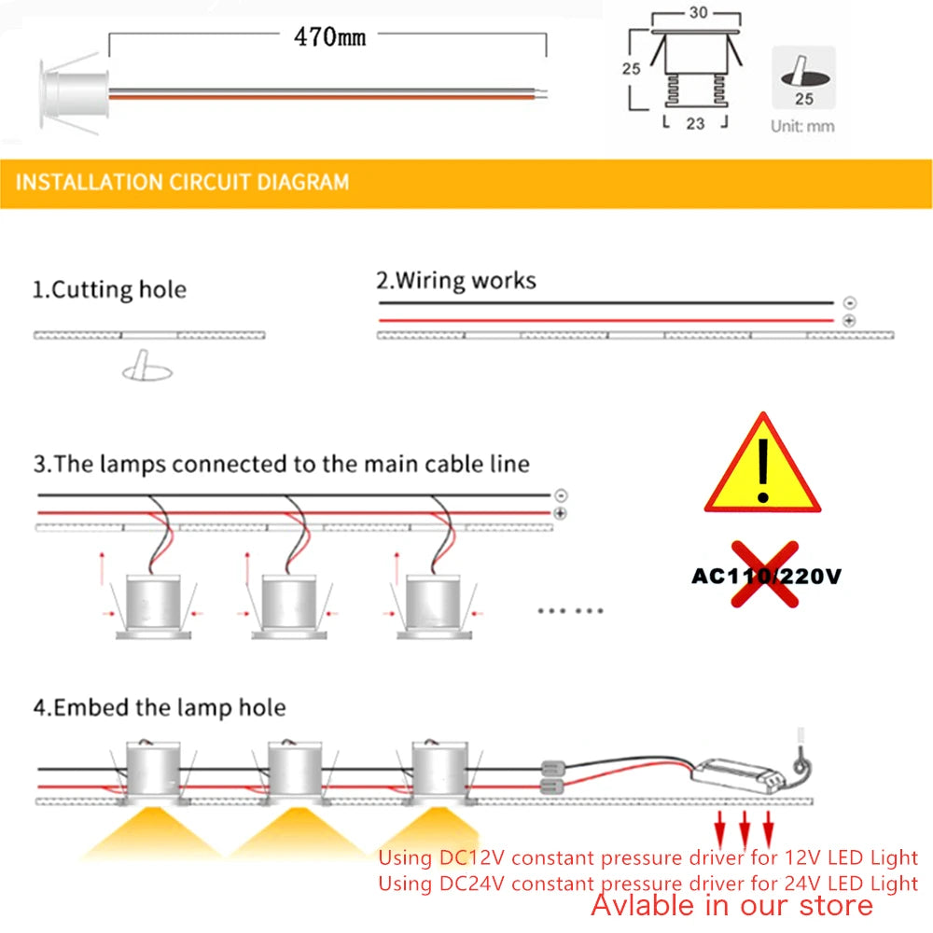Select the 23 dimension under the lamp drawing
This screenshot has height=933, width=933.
pyautogui.click(x=694, y=122)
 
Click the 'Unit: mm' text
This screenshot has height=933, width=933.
pyautogui.click(x=802, y=126)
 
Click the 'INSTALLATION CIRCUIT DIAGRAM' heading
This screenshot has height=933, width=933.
pyautogui.click(x=182, y=181)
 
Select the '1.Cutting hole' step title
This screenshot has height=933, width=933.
pyautogui.click(x=109, y=289)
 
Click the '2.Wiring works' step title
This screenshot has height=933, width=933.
pyautogui.click(x=455, y=280)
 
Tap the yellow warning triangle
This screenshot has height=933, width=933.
pyautogui.click(x=762, y=466)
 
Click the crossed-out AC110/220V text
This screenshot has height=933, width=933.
pyautogui.click(x=765, y=576)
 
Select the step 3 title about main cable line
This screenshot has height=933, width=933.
pyautogui.click(x=282, y=464)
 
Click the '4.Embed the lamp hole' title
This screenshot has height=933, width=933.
pyautogui.click(x=160, y=707)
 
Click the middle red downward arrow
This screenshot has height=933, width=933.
pyautogui.click(x=745, y=826)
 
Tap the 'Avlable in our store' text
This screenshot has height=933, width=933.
pyautogui.click(x=731, y=904)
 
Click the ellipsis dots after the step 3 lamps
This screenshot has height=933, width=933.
pyautogui.click(x=571, y=611)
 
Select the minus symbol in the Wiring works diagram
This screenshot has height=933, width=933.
pyautogui.click(x=848, y=303)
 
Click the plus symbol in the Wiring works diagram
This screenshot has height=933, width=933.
pyautogui.click(x=848, y=321)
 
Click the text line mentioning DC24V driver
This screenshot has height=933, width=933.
pyautogui.click(x=648, y=882)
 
